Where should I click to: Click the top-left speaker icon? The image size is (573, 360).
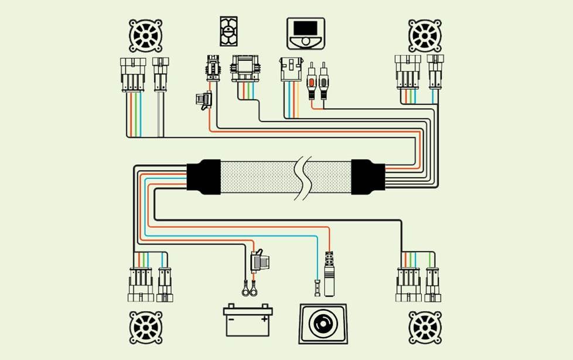(145, 36)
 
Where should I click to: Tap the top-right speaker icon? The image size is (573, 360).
(425, 36)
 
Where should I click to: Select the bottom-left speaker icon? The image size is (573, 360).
(145, 327)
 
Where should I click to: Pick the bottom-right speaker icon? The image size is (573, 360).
(425, 327)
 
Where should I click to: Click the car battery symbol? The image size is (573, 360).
(248, 320)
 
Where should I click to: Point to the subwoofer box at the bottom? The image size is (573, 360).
(323, 323)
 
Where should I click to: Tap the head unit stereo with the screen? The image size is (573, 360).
(305, 33)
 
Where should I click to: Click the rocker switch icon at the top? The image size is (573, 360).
(228, 31)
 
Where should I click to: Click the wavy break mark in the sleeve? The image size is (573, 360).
(304, 177)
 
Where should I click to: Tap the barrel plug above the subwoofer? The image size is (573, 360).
(330, 267)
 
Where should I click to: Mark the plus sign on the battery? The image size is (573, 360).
(265, 319)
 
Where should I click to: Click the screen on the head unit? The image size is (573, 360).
(305, 28)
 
